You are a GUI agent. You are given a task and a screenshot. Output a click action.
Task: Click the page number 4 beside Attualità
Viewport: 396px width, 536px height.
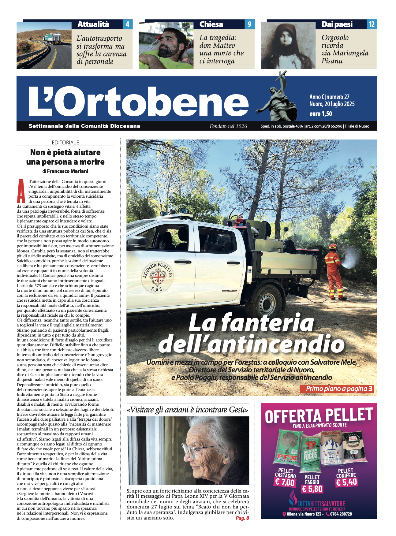click(x=127, y=24)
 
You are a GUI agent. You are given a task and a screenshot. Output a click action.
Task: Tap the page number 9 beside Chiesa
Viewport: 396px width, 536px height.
click(x=249, y=24)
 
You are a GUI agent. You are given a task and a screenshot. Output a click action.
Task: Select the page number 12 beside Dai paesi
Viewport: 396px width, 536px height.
click(x=372, y=24)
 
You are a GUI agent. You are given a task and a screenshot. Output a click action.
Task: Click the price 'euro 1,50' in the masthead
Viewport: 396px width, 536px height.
click(x=320, y=114)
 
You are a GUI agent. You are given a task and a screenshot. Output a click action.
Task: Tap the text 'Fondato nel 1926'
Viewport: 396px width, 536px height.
click(x=228, y=126)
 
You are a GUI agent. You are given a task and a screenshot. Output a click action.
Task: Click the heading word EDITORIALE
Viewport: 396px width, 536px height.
click(x=65, y=143)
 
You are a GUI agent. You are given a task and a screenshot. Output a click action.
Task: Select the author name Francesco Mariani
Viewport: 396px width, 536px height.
click(x=68, y=171)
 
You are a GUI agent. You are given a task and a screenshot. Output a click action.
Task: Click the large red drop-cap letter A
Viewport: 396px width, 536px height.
click(x=21, y=191)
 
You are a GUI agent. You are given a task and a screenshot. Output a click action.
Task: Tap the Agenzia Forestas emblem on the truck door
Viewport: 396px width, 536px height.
click(x=157, y=277)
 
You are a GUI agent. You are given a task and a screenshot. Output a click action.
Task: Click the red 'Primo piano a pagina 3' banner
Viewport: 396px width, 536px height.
click(x=336, y=389)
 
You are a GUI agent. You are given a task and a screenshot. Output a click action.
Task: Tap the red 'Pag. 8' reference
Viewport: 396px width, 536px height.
click(x=242, y=518)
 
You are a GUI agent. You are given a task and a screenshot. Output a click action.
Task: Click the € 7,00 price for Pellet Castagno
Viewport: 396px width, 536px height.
click(x=285, y=482)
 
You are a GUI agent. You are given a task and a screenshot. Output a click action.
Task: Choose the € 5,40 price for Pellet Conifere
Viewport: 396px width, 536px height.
click(x=346, y=482)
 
